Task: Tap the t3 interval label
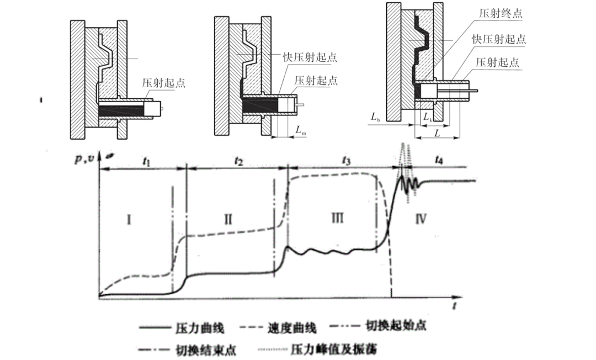pyautogui.click(x=346, y=162)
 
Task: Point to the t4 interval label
pyautogui.click(x=439, y=161)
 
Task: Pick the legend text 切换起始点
pyautogui.click(x=396, y=326)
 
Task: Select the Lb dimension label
pyautogui.click(x=376, y=117)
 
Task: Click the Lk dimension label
pyautogui.click(x=427, y=117)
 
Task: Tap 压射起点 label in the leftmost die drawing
pyautogui.click(x=163, y=83)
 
